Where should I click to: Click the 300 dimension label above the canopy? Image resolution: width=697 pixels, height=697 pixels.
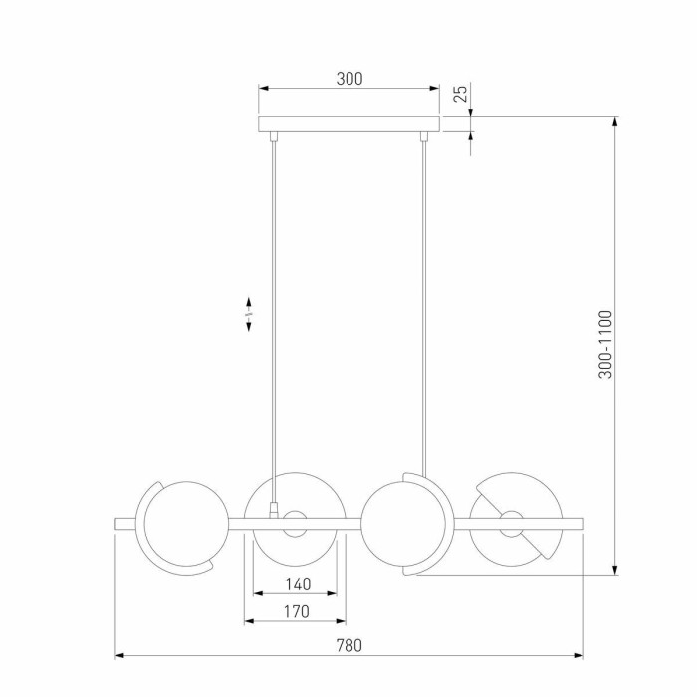tap(349, 79)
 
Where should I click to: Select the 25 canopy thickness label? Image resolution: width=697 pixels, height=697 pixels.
tap(461, 94)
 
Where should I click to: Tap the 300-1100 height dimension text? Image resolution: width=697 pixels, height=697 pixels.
tap(605, 345)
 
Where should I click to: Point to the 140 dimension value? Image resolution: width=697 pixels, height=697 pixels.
tap(298, 584)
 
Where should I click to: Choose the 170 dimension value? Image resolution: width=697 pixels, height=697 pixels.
tap(297, 611)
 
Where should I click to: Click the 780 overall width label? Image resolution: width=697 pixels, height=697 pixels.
tap(348, 645)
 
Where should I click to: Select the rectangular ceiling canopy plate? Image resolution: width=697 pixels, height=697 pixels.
tap(348, 124)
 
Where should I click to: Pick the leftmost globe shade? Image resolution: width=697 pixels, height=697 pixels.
tap(186, 524)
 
